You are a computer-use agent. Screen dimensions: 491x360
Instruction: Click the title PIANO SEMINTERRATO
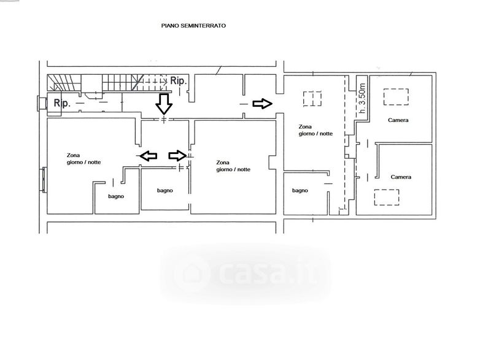tap(193, 26)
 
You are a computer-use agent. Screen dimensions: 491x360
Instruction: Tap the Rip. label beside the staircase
tap(179, 81)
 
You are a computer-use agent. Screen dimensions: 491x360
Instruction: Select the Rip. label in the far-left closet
tap(62, 103)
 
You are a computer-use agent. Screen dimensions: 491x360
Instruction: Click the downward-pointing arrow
tap(164, 104)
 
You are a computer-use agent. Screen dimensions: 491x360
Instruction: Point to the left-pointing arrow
tap(148, 155)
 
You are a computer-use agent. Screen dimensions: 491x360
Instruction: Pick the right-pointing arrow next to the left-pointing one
tap(177, 155)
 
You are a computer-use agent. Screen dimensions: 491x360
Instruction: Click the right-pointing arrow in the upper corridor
tap(263, 104)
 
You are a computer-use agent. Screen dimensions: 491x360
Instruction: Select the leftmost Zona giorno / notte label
tap(83, 159)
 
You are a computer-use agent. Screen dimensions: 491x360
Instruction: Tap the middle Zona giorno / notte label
tap(233, 166)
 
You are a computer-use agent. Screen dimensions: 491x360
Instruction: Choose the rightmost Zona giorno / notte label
tap(315, 130)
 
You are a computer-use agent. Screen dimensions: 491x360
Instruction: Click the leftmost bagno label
tap(116, 196)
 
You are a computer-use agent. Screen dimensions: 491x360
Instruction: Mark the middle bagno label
tap(164, 191)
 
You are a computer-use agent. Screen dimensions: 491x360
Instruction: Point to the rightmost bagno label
tap(300, 191)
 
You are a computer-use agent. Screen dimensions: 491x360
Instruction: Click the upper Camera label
tap(398, 120)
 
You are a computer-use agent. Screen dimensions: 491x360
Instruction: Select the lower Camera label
tap(401, 177)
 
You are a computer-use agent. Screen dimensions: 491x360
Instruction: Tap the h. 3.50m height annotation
tap(362, 98)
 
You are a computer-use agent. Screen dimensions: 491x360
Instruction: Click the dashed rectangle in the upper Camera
tap(396, 89)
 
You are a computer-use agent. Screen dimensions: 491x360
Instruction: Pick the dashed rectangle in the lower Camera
tap(387, 190)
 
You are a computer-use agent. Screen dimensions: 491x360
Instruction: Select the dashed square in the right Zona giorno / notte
tap(312, 91)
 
